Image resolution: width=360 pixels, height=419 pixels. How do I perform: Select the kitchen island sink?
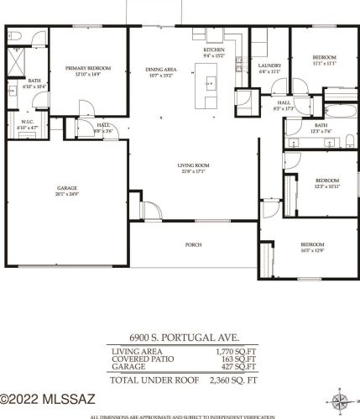tap(210, 83)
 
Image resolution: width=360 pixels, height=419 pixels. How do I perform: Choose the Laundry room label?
tap(269, 67)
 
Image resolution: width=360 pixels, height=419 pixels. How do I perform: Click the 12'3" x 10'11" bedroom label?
tap(326, 182)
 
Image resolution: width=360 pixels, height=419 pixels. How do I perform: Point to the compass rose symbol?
tap(340, 400)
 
